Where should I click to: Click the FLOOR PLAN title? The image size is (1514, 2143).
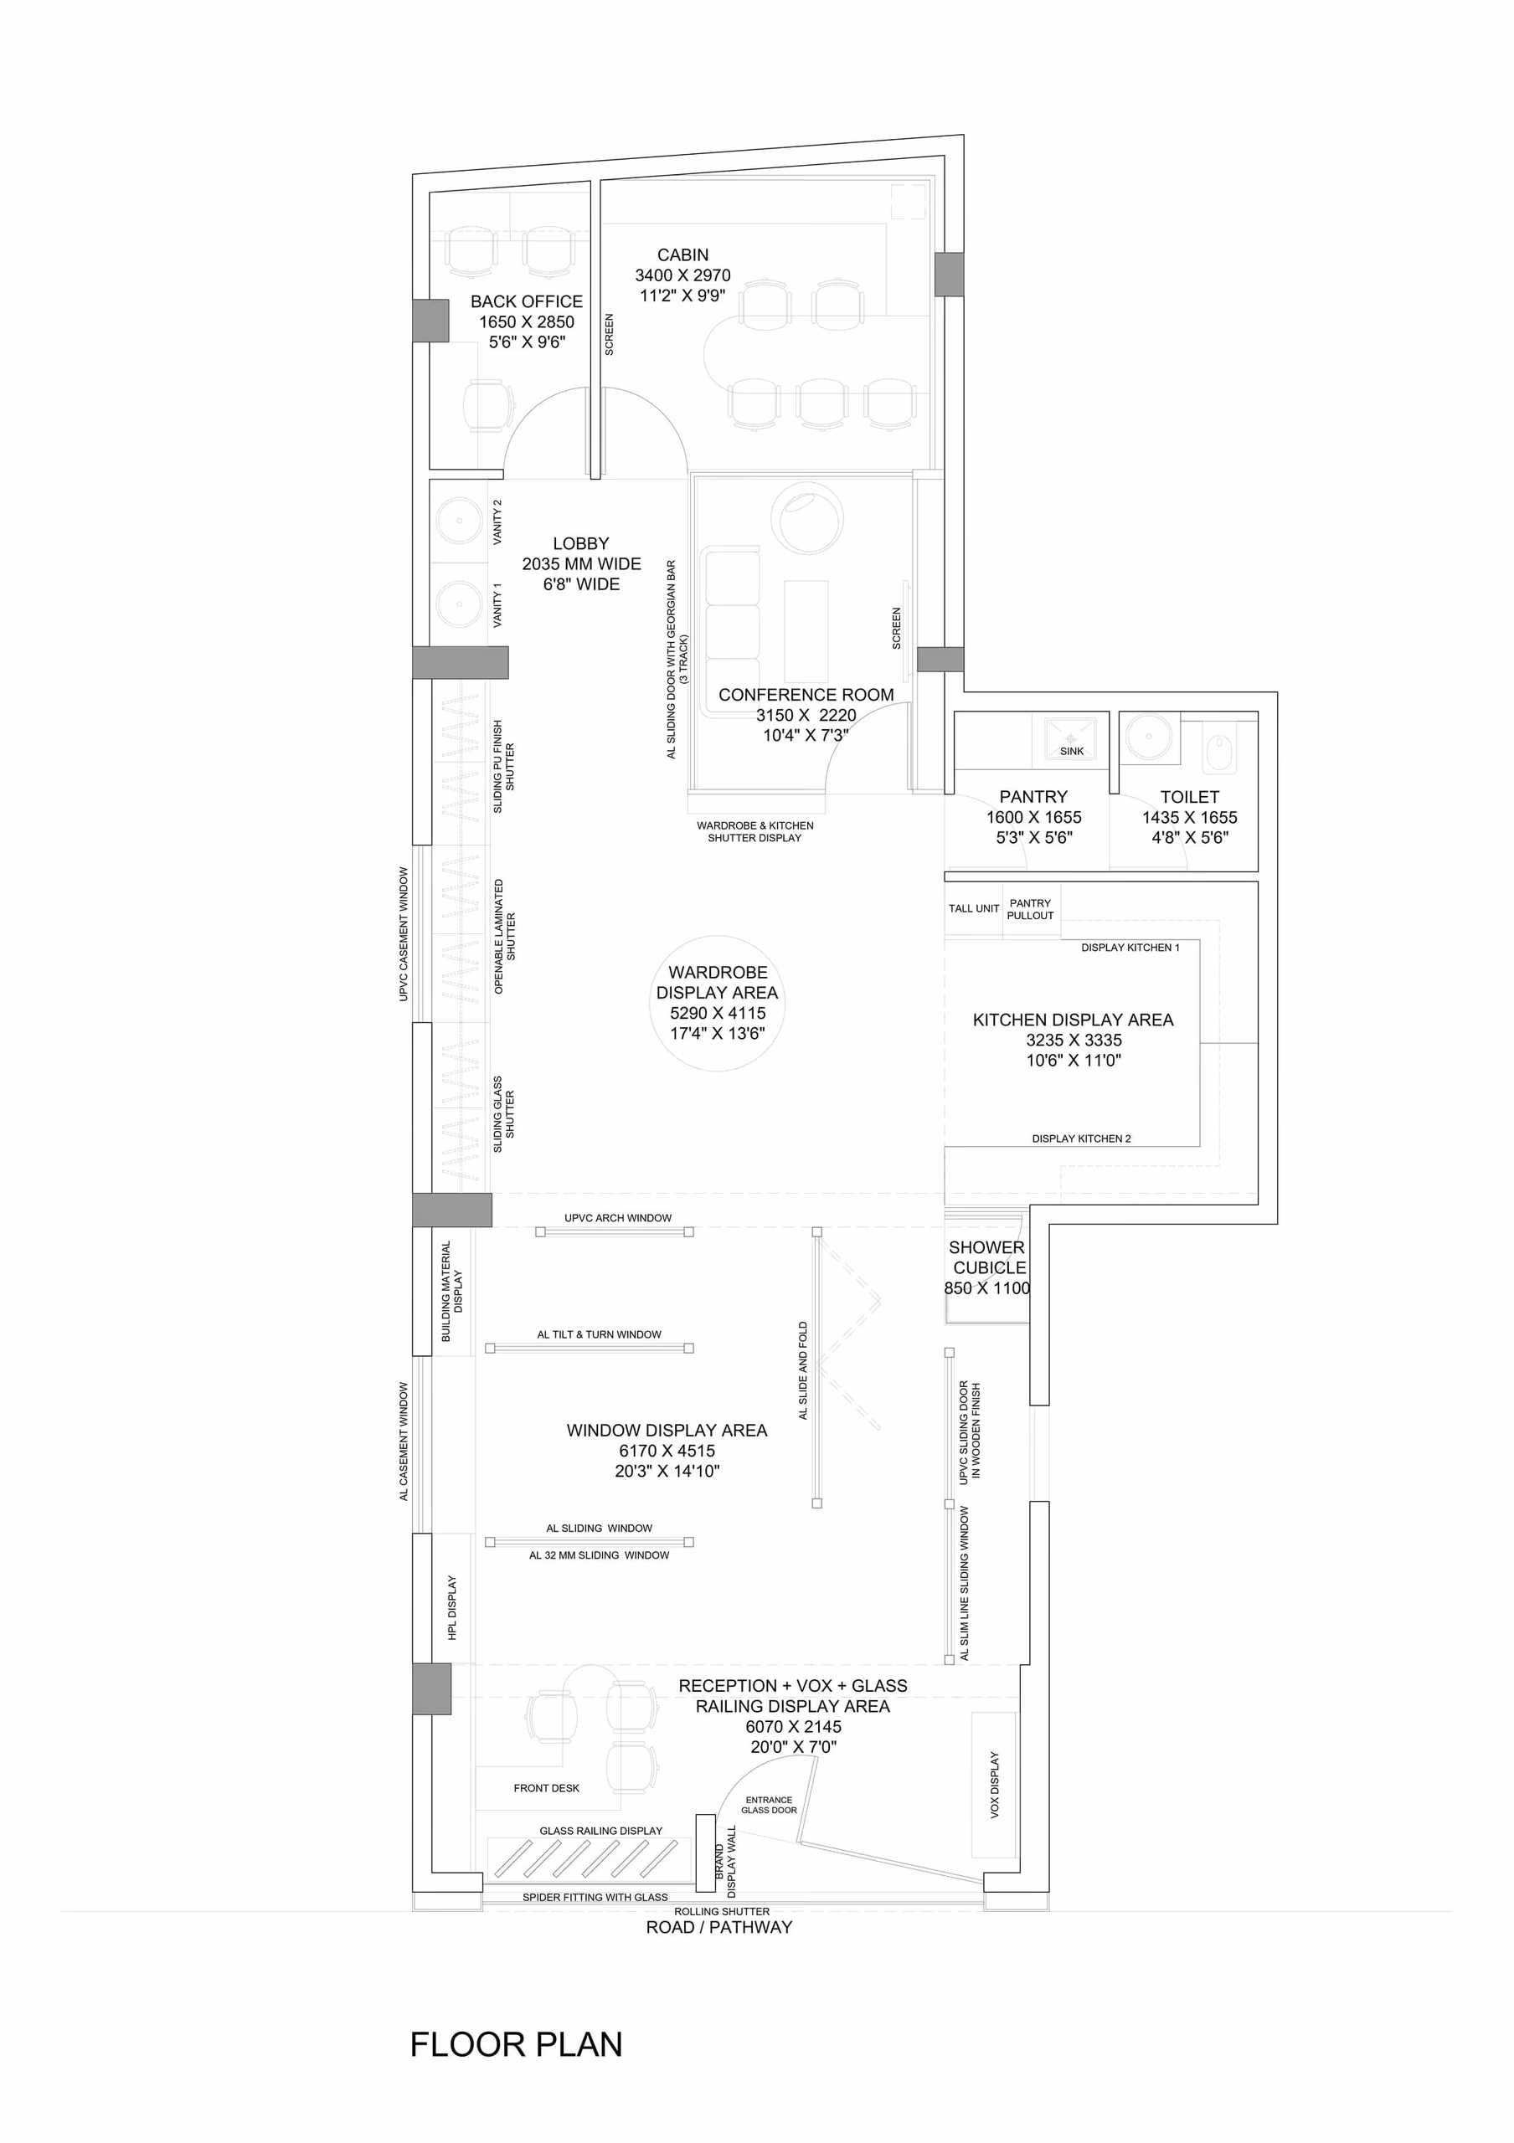point(516,2044)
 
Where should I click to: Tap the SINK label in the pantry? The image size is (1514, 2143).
point(1072,752)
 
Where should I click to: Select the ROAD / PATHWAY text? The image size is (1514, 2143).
point(718,1926)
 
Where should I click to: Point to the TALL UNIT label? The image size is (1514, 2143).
point(974,908)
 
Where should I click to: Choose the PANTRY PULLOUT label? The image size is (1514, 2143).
point(1031,909)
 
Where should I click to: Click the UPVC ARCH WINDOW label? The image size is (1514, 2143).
point(618,1218)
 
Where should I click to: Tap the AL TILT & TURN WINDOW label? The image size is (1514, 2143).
point(600,1334)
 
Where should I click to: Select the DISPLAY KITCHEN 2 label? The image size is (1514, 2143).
point(1081,1138)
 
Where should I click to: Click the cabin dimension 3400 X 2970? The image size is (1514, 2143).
point(683,275)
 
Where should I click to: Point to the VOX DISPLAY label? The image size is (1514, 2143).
point(994,1785)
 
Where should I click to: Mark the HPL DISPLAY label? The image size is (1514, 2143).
point(452,1608)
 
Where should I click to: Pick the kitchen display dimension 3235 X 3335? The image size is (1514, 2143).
point(1074,1040)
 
